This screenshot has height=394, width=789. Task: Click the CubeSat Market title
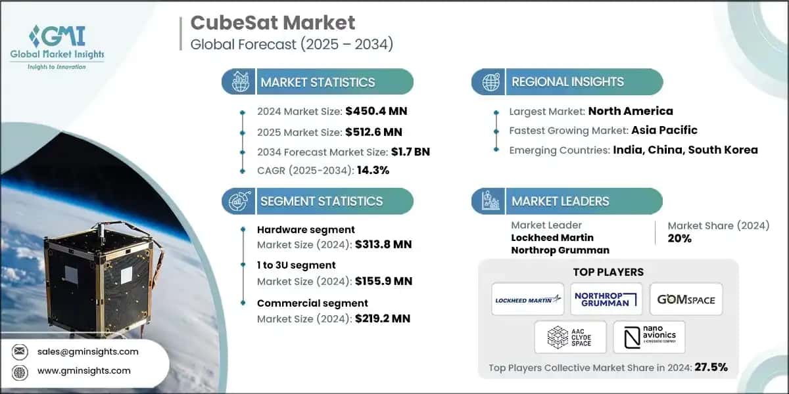[272, 23]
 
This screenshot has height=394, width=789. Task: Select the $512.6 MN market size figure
[373, 132]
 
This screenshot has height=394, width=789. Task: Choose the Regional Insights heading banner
[567, 82]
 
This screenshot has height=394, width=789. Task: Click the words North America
[631, 111]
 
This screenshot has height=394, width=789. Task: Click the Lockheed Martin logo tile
[528, 299]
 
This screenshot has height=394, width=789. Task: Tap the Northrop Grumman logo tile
[606, 299]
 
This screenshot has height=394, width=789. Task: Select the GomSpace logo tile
[686, 299]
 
